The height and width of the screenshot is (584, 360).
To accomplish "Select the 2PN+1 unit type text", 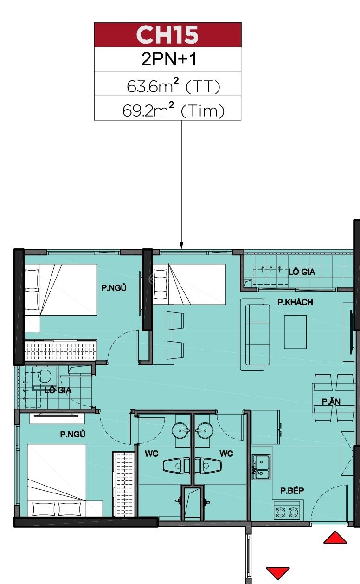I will coord(167,60).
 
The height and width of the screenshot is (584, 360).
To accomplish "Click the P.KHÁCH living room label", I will coord(295,302).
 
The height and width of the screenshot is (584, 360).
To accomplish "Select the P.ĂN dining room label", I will coord(332,402).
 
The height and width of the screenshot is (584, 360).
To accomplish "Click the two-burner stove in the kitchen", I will coord(287,512).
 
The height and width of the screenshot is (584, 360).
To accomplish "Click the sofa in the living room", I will coord(255,334).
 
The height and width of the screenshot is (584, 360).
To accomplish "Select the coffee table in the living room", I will coord(295,331).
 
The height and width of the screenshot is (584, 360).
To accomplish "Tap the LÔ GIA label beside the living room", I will coord(302,272).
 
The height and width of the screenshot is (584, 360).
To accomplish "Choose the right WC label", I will coord(226,454).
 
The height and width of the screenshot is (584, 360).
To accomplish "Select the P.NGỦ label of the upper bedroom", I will coord(114,288).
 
